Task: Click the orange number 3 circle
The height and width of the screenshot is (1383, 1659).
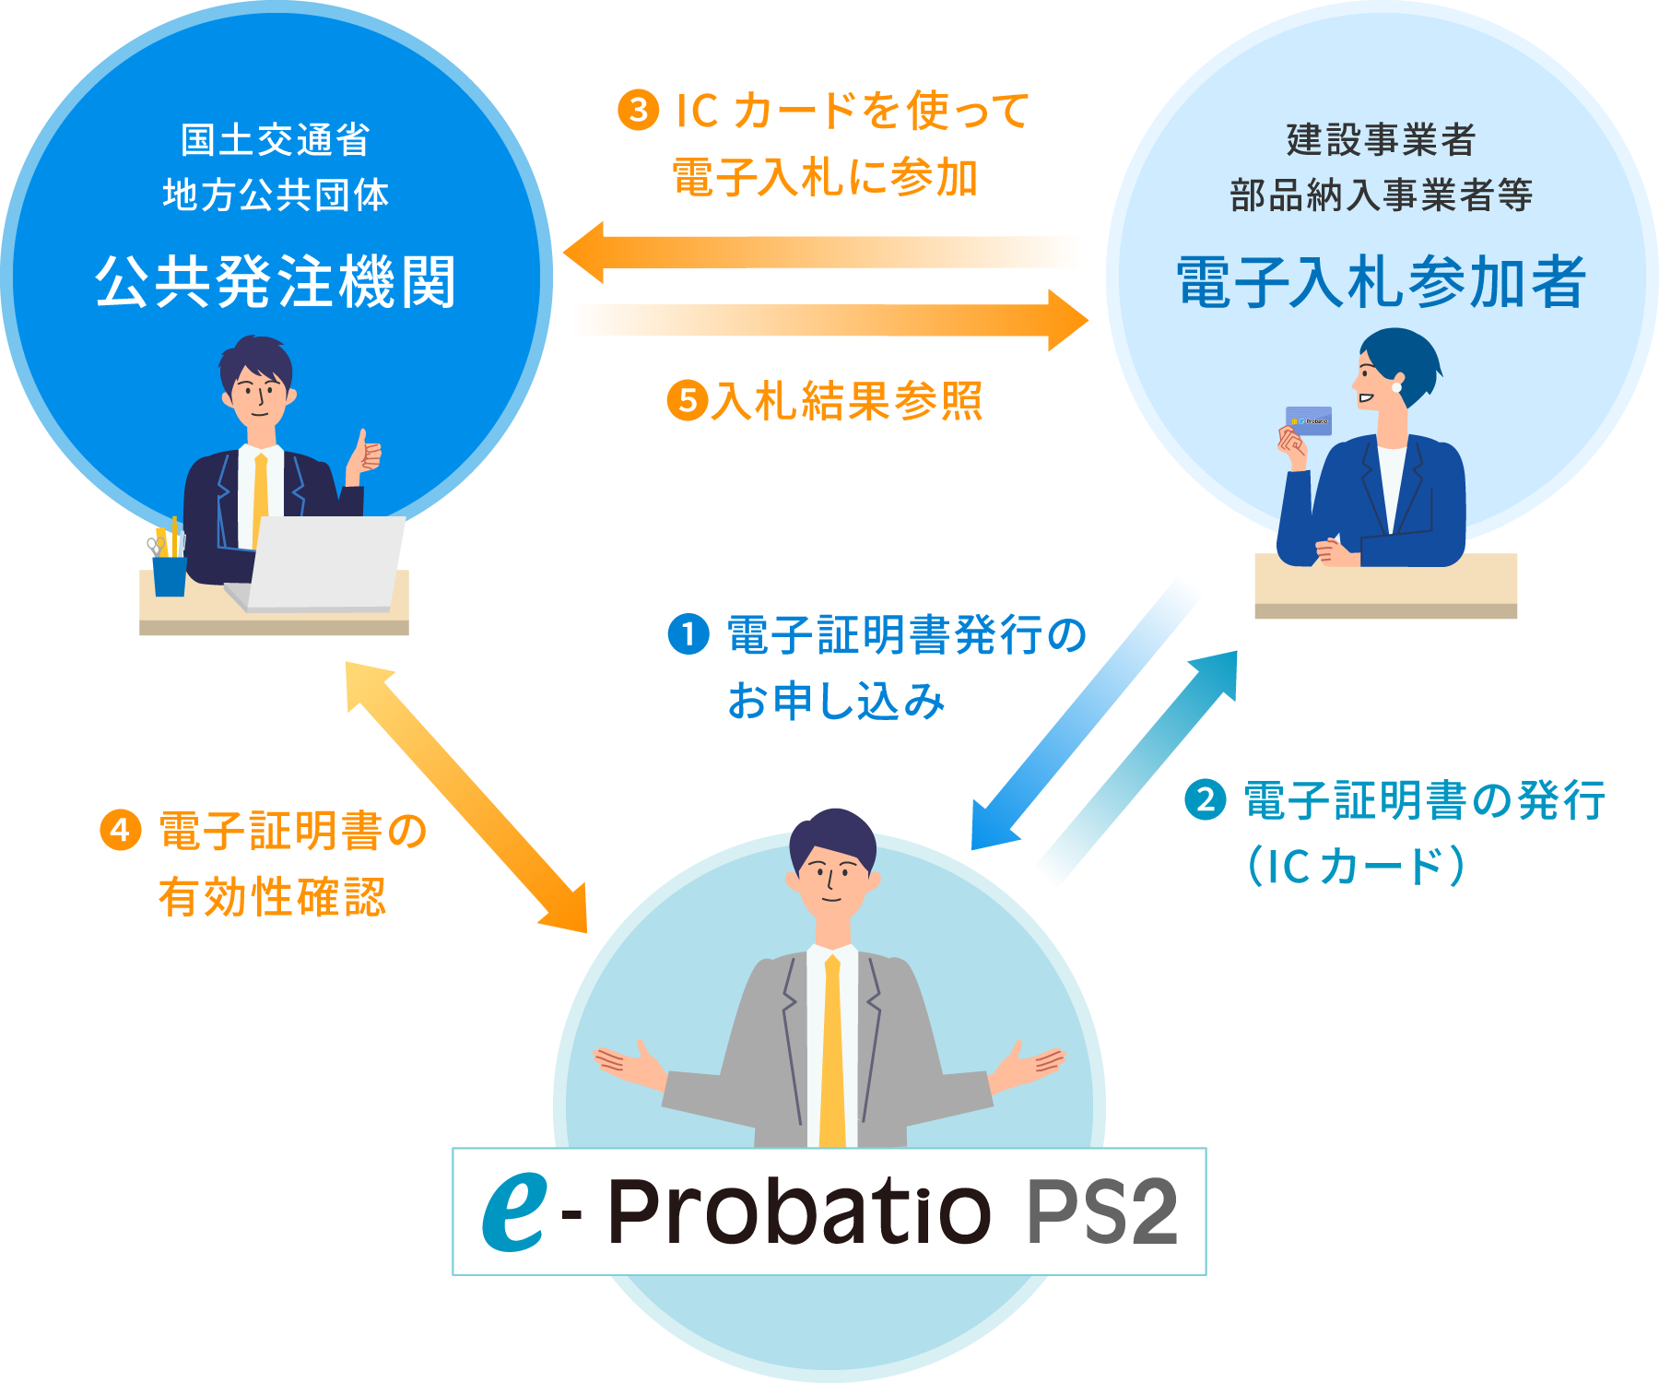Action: coord(638,111)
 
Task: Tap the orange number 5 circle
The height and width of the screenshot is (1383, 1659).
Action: coord(687,401)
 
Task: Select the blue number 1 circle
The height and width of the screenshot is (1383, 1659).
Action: coord(688,634)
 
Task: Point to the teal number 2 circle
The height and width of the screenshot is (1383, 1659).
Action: coord(1205,799)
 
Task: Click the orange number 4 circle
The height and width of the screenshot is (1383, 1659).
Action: coord(120,830)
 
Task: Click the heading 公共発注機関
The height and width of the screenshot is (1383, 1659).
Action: coord(276,281)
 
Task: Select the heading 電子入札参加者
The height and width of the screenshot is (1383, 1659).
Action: coord(1381,282)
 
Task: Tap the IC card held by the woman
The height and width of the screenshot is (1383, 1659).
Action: coord(1309,420)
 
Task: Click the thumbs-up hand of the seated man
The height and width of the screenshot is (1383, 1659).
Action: coord(366,455)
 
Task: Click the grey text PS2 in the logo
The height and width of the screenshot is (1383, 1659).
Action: coord(1101,1212)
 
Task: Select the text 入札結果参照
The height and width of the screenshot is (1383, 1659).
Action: coord(846,401)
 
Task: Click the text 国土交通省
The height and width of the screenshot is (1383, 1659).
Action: coord(275,140)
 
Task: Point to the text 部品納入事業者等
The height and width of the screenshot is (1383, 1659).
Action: coord(1381,195)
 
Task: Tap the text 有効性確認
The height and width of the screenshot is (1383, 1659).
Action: coord(272,896)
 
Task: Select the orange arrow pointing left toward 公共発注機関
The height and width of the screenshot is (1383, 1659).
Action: coord(825,252)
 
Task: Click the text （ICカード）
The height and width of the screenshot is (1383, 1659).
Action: coord(1356,866)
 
